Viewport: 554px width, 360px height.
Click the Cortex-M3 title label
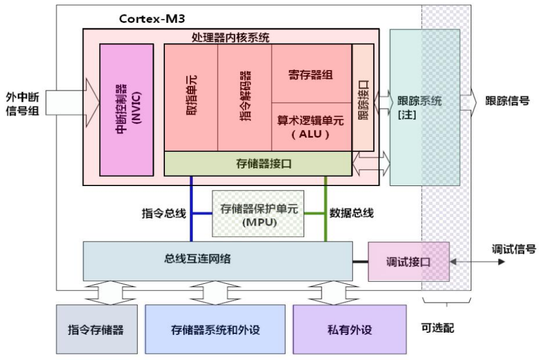point(152,18)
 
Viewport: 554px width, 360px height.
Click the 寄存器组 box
point(311,74)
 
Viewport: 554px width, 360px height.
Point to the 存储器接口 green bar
point(257,164)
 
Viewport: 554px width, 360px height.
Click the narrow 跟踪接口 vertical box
point(363,98)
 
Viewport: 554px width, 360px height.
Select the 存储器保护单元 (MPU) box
point(258,214)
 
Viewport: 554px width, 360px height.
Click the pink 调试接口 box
point(409,262)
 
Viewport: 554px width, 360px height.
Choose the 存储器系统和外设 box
point(215,330)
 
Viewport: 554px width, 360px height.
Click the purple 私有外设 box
point(349,330)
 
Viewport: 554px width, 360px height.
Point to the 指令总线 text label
point(164,214)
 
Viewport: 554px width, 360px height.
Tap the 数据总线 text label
point(352,214)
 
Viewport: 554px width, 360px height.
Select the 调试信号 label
point(514,250)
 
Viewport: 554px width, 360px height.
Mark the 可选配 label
point(438,328)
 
